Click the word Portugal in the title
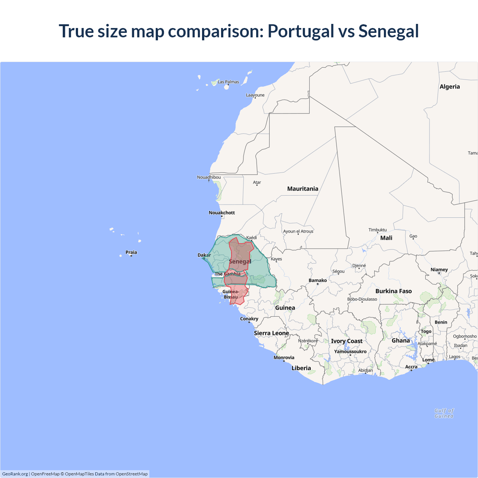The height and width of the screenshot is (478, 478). [301, 31]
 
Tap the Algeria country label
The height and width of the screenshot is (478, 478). [450, 87]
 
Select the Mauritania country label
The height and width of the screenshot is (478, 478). [302, 189]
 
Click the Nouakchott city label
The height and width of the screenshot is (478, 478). [222, 213]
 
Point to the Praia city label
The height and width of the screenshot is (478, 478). [131, 252]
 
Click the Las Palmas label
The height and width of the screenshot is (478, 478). [228, 82]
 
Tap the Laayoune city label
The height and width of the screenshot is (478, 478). [255, 95]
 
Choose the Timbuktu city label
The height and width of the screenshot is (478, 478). [378, 230]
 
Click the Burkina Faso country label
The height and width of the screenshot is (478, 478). [394, 291]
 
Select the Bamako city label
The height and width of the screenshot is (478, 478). [318, 280]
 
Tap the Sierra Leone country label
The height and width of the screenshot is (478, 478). [271, 333]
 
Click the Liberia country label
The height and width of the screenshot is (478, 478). [301, 368]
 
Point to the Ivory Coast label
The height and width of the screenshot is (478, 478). [347, 341]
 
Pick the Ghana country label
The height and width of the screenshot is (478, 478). [401, 341]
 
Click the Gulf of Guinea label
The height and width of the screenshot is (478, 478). [444, 413]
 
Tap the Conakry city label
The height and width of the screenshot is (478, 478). [249, 319]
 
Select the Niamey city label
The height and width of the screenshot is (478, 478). [439, 270]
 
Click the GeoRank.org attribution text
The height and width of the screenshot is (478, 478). [15, 474]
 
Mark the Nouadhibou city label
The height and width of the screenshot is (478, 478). [209, 177]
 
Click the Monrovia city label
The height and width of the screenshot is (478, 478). [284, 358]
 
